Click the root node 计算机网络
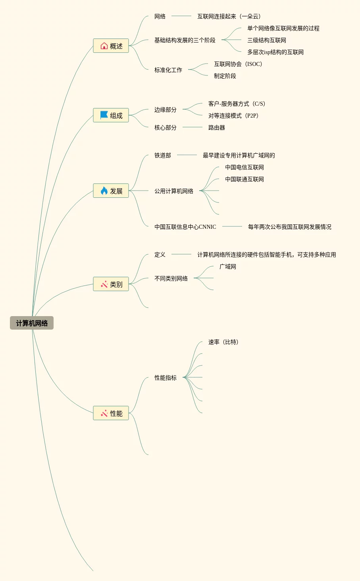[x=32, y=323]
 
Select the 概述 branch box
[x=111, y=46]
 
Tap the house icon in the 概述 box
[x=104, y=46]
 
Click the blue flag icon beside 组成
[x=104, y=115]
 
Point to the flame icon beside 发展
[x=104, y=191]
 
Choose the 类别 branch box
[x=111, y=284]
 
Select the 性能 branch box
[x=111, y=413]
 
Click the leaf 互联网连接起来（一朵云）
[x=229, y=16]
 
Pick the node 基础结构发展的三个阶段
[x=185, y=40]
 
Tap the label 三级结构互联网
[x=266, y=40]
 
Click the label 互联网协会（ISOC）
[x=238, y=64]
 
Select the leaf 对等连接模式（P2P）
[x=233, y=116]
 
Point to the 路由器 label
[x=216, y=127]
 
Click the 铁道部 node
[x=162, y=155]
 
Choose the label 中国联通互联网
[x=244, y=179]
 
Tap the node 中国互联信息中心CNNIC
[x=185, y=227]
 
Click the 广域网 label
[x=227, y=266]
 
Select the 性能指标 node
[x=165, y=378]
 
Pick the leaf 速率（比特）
[x=223, y=342]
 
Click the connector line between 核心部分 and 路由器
[x=193, y=127]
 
